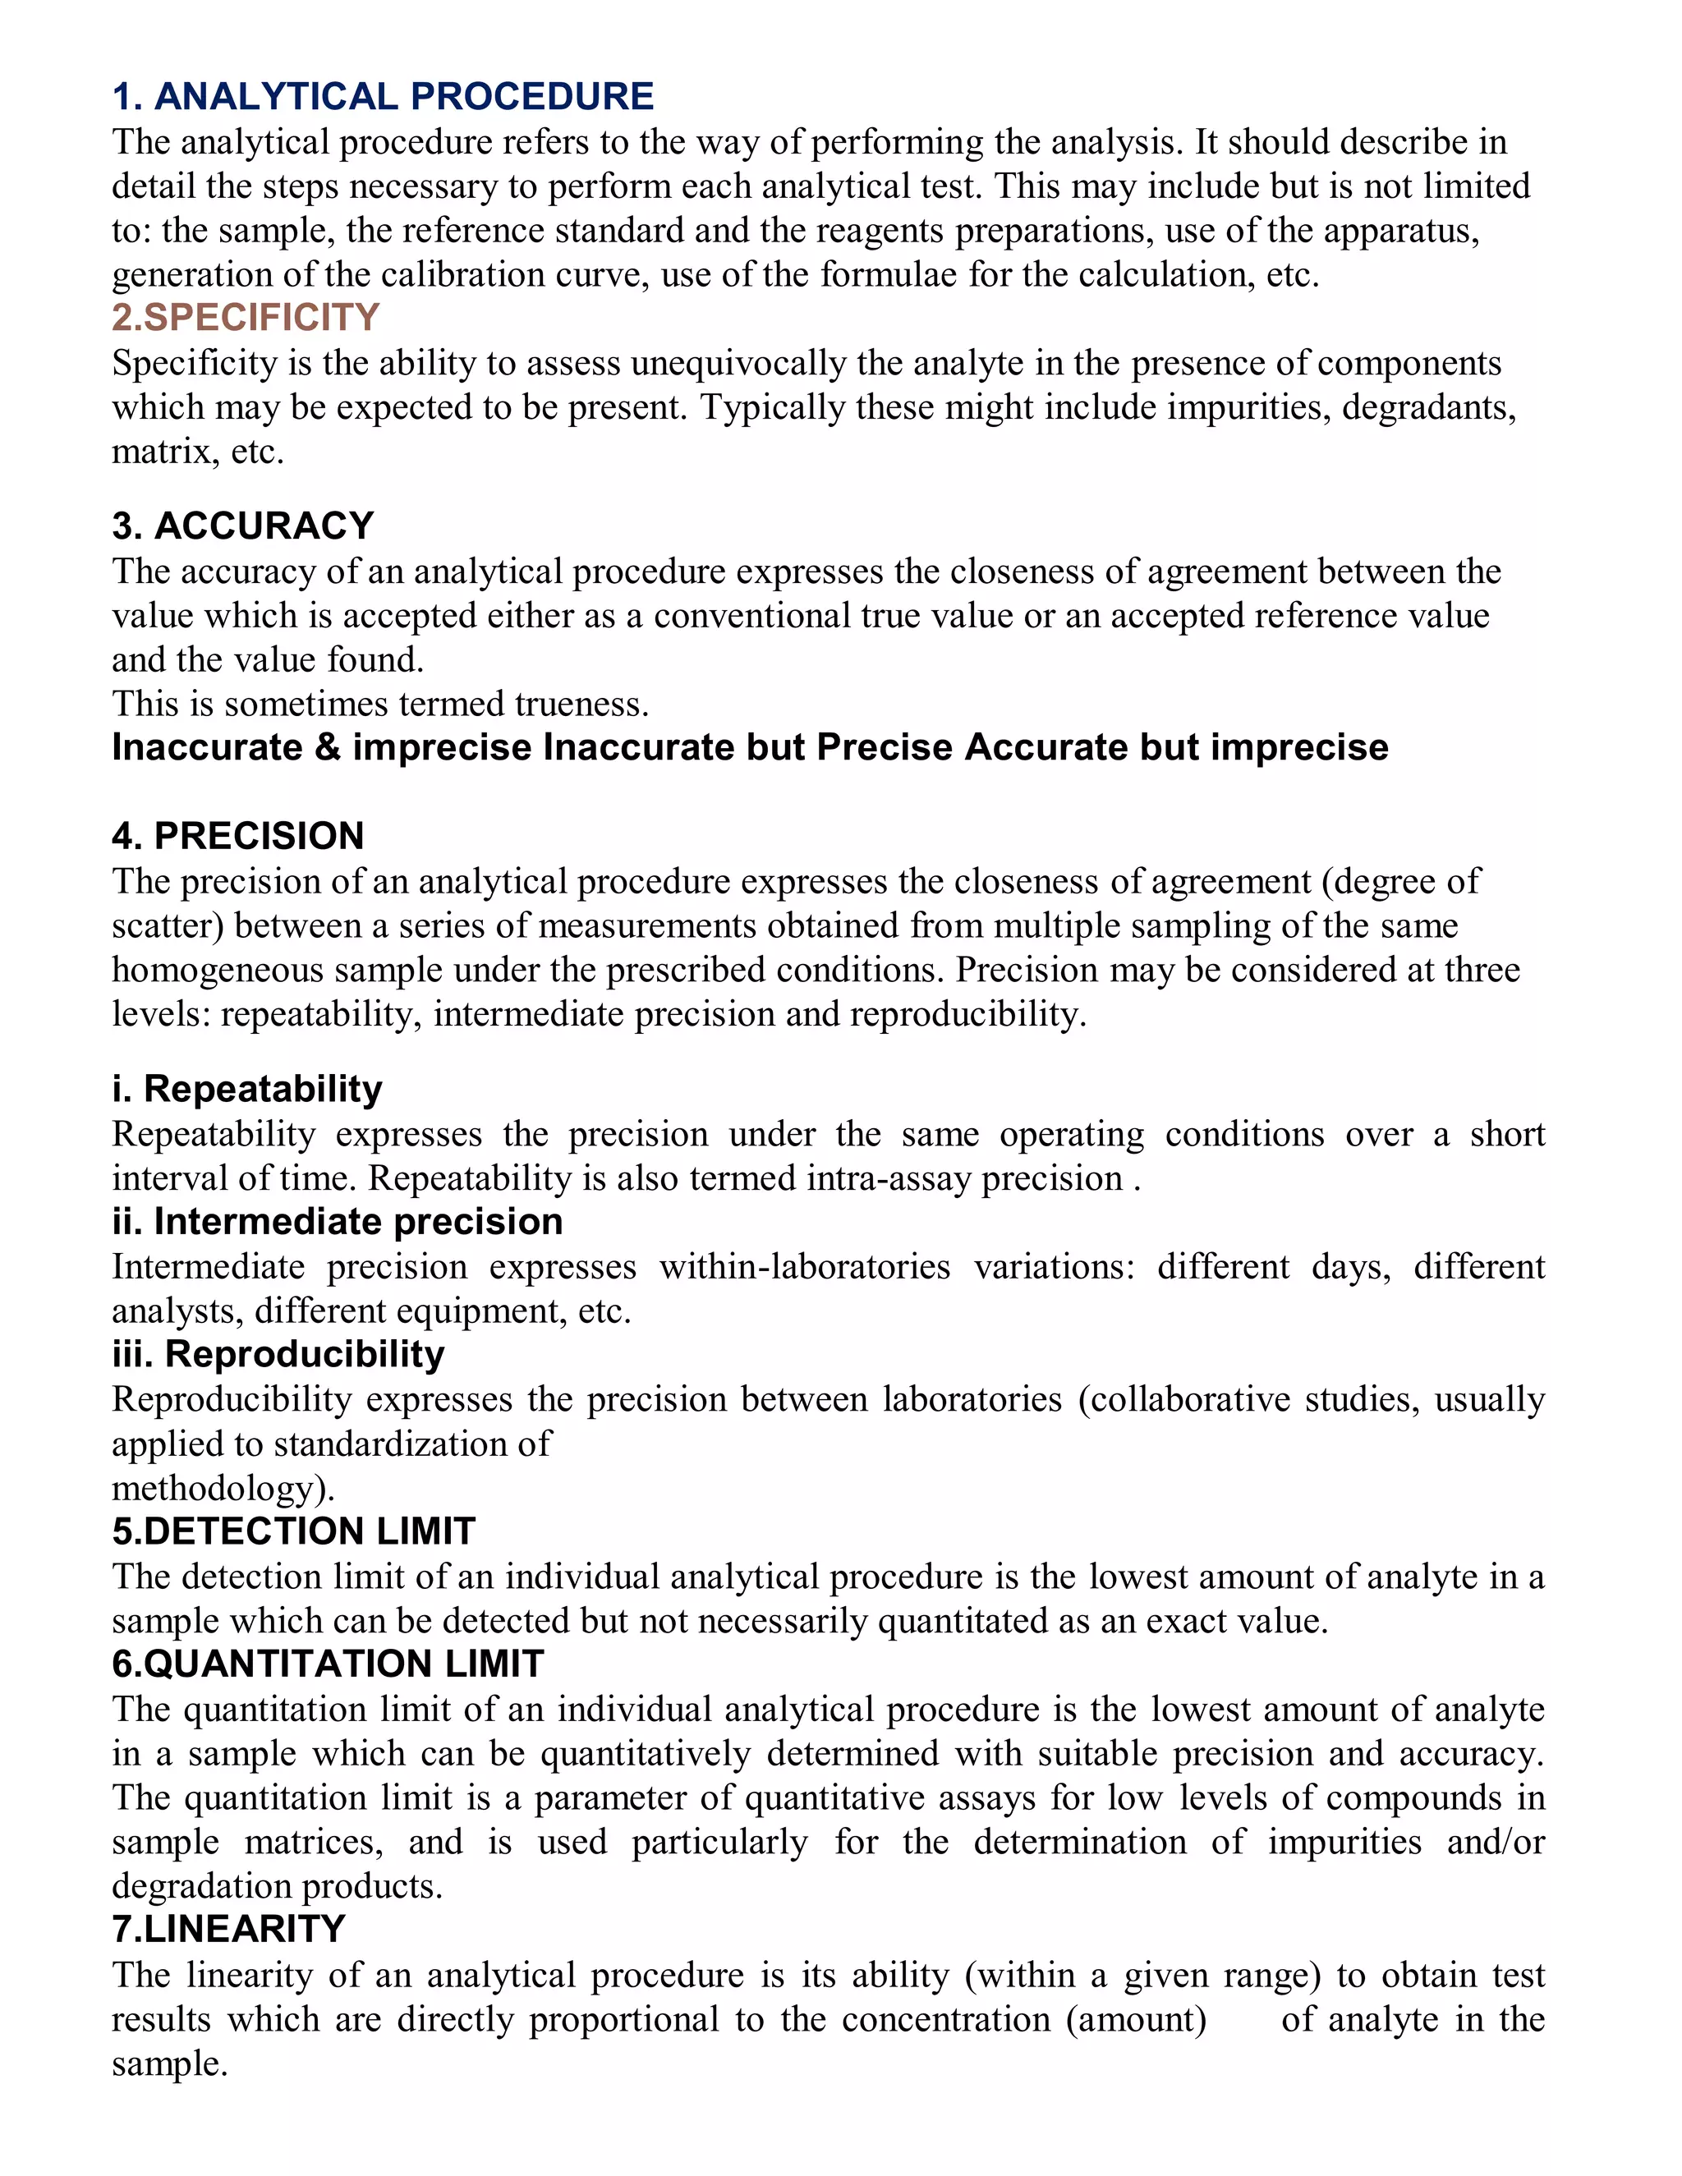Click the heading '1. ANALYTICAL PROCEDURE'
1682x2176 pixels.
383,97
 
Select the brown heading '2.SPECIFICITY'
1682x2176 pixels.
245,317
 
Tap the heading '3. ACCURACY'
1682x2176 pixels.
243,526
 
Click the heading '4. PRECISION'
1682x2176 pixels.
238,836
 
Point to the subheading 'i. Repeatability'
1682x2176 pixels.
247,1089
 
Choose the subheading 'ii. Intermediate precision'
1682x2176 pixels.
338,1222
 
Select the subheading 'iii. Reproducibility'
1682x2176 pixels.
278,1354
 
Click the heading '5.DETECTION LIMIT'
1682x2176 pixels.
294,1531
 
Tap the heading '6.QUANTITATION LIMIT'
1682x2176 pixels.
328,1664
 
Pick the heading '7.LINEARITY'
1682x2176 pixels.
228,1929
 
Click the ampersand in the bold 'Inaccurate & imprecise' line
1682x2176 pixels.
328,748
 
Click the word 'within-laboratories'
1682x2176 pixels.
804,1266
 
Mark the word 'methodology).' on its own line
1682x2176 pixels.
223,1489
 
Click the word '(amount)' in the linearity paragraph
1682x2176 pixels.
1136,2020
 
